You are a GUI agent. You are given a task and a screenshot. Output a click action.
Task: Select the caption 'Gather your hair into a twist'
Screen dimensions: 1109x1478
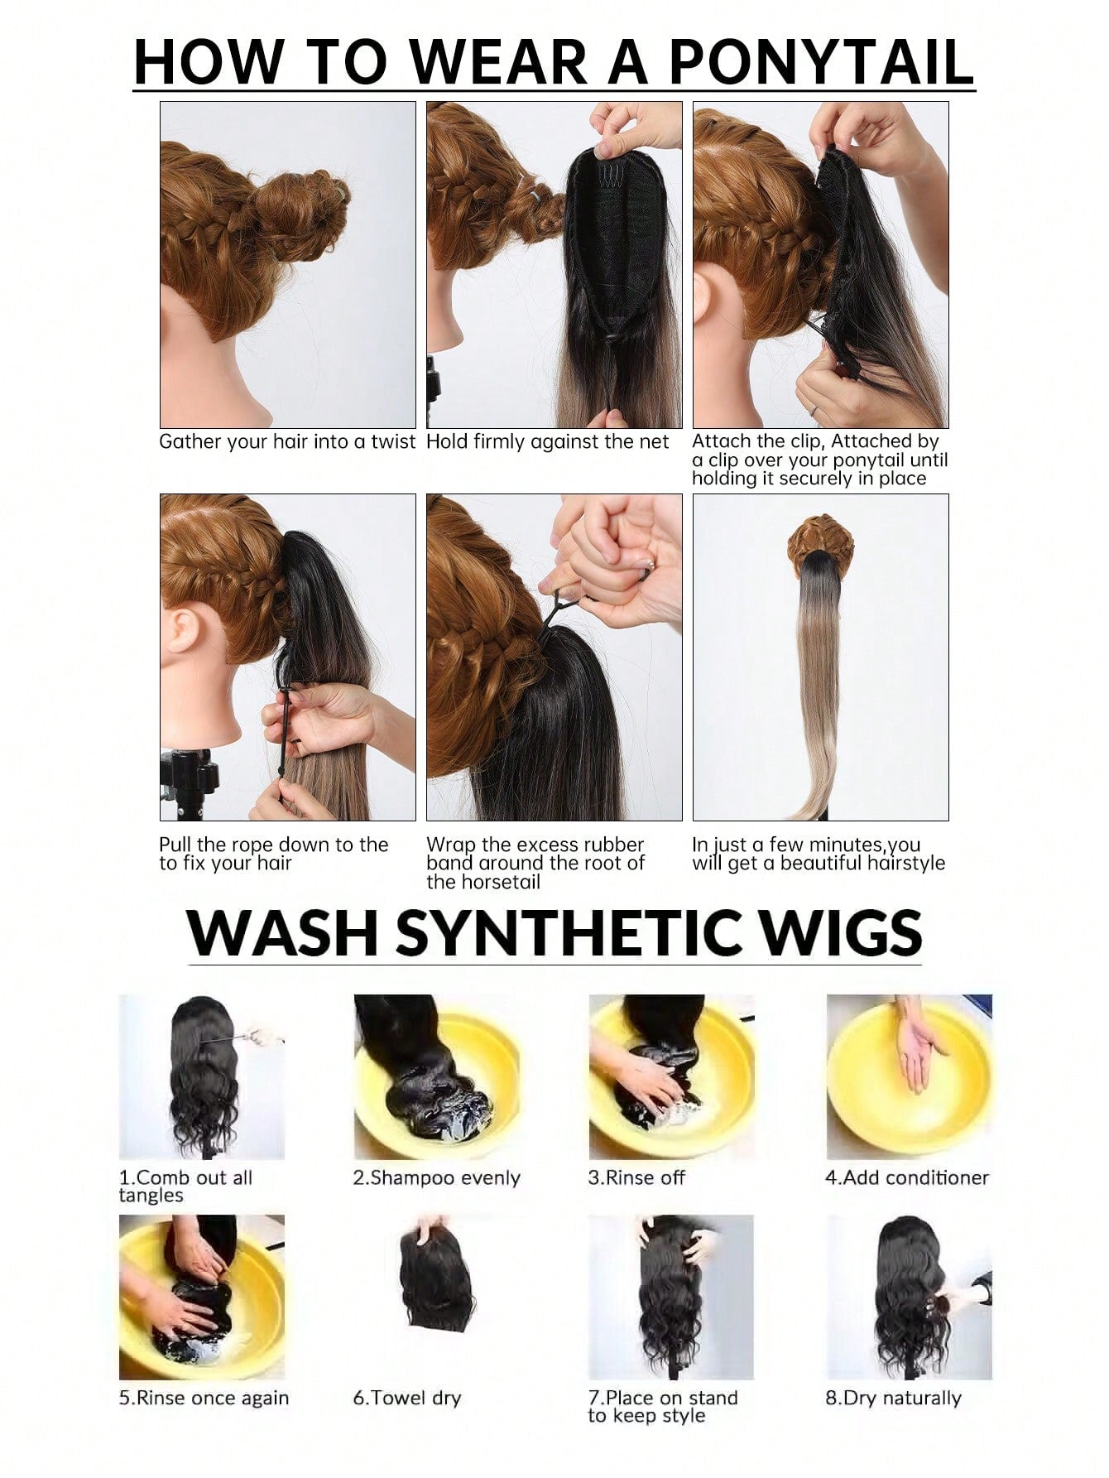[287, 442]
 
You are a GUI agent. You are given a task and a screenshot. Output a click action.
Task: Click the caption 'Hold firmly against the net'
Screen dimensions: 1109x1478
[547, 442]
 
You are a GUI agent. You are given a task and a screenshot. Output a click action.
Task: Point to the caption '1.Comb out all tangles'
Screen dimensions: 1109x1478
[185, 1187]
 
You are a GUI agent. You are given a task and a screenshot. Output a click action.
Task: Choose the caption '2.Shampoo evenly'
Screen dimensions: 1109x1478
[436, 1177]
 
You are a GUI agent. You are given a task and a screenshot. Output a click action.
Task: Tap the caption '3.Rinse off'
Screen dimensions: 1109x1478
[636, 1177]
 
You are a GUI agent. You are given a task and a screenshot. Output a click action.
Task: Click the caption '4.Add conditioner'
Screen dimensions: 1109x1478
[907, 1177]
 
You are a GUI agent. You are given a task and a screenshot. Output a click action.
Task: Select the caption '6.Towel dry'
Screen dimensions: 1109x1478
[406, 1399]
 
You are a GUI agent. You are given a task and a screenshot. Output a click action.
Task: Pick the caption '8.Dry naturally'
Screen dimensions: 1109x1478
[893, 1399]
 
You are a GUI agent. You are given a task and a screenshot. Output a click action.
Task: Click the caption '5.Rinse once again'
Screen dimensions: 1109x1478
[204, 1399]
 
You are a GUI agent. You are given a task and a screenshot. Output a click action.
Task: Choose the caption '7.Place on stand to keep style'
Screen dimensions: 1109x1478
[662, 1407]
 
